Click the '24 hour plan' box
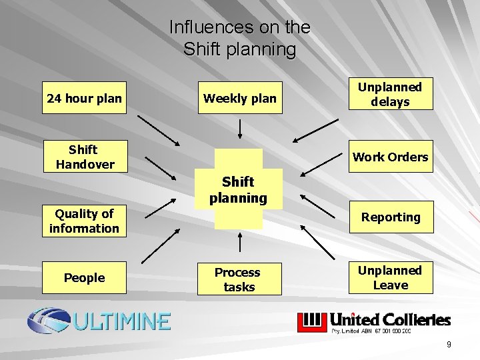pyautogui.click(x=85, y=99)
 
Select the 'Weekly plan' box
pyautogui.click(x=240, y=99)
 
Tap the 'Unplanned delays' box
pyautogui.click(x=390, y=95)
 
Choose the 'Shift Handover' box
pyautogui.click(x=85, y=157)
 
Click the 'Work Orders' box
pyautogui.click(x=390, y=157)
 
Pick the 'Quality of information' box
pyautogui.click(x=85, y=221)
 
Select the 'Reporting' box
pyautogui.click(x=390, y=217)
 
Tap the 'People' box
pyautogui.click(x=85, y=278)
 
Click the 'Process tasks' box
pyautogui.click(x=239, y=279)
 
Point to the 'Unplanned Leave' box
pyautogui.click(x=390, y=278)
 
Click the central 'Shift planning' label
pyautogui.click(x=238, y=189)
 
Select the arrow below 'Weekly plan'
pyautogui.click(x=240, y=129)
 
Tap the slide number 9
pyautogui.click(x=449, y=345)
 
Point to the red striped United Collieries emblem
pyautogui.click(x=311, y=322)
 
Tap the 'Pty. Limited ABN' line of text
pyautogui.click(x=371, y=330)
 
